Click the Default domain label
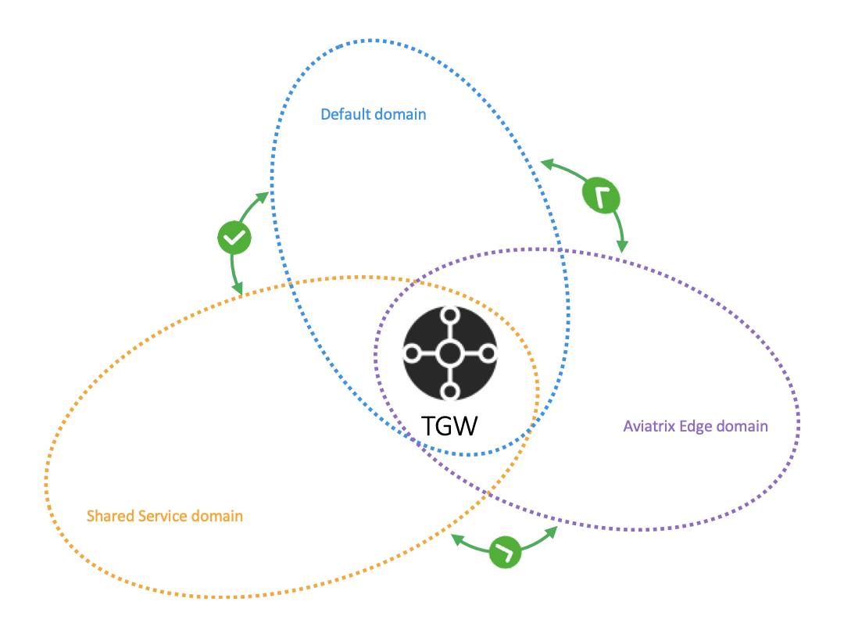pos(374,114)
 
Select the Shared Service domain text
pos(165,516)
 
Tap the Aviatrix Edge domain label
pos(696,426)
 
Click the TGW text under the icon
pos(449,426)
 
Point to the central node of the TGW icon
pos(449,353)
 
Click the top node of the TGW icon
pos(449,316)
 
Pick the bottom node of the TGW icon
pos(449,391)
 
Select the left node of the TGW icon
pos(411,353)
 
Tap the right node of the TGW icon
pos(488,353)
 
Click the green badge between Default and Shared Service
pos(234,237)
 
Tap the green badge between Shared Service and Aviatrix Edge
pos(506,552)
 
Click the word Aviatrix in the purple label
pos(649,426)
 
